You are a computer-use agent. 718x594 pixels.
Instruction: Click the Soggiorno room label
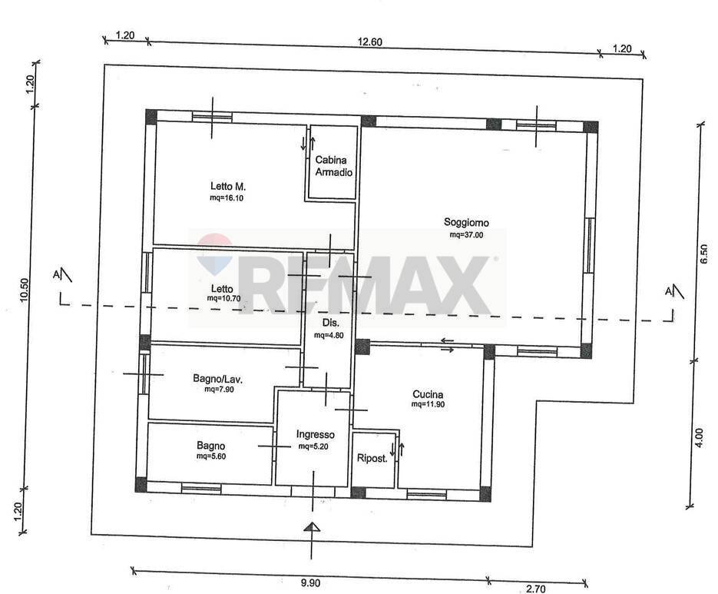(x=465, y=223)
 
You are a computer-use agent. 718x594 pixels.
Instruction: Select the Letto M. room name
(x=228, y=186)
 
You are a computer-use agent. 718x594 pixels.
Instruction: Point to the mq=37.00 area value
(x=467, y=235)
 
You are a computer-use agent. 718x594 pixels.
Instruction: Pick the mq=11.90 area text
(x=428, y=404)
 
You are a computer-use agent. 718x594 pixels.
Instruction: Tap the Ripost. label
(x=372, y=459)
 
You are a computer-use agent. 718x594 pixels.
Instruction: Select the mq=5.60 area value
(x=212, y=456)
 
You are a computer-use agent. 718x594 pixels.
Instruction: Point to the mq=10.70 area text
(x=224, y=298)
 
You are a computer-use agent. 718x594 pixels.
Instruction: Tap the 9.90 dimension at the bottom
(x=309, y=584)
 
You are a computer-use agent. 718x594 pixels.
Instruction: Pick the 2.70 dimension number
(x=535, y=589)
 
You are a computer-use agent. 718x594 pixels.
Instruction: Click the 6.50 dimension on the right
(x=703, y=254)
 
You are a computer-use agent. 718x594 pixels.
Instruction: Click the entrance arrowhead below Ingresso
(x=311, y=526)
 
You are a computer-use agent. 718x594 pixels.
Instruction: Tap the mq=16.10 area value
(x=227, y=197)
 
